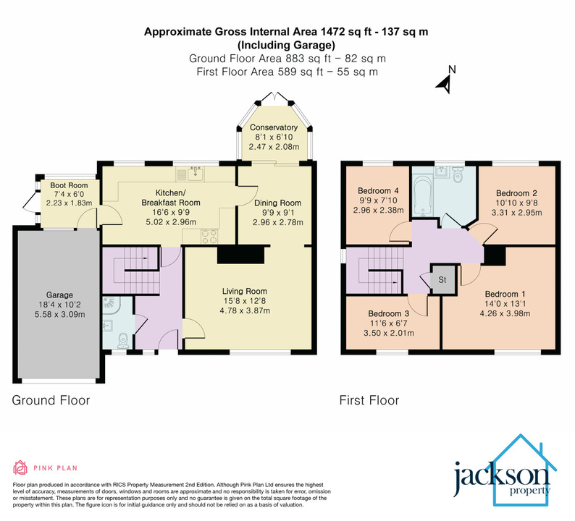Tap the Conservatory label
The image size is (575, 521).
tap(274, 127)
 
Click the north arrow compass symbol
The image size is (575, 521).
tap(446, 81)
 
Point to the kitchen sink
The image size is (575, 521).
tap(193, 174)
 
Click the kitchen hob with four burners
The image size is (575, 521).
tap(209, 236)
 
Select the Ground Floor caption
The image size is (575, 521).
tap(51, 399)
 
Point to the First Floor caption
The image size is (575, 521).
tap(369, 399)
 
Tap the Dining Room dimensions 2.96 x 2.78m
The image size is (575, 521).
tap(277, 223)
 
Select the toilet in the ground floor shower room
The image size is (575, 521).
tap(123, 336)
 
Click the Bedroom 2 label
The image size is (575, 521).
tap(516, 193)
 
